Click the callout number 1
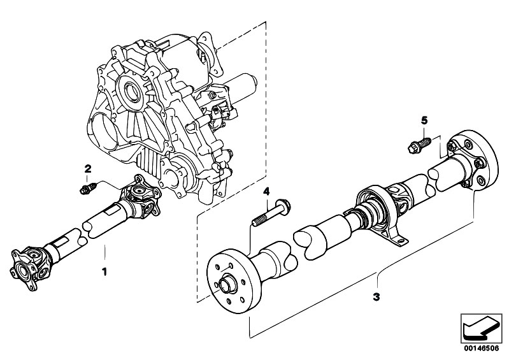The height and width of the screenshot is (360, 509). (104, 271)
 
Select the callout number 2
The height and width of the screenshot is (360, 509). (88, 168)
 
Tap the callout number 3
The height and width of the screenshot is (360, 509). (376, 297)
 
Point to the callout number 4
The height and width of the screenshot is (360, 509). (266, 192)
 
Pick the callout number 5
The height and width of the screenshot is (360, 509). (424, 120)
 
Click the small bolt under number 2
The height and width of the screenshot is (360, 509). (88, 189)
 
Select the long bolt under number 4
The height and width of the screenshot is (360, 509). (271, 213)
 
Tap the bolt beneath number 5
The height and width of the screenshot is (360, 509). (419, 145)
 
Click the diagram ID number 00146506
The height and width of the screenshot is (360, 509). (481, 349)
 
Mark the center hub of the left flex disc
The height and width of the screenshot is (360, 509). (226, 284)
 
